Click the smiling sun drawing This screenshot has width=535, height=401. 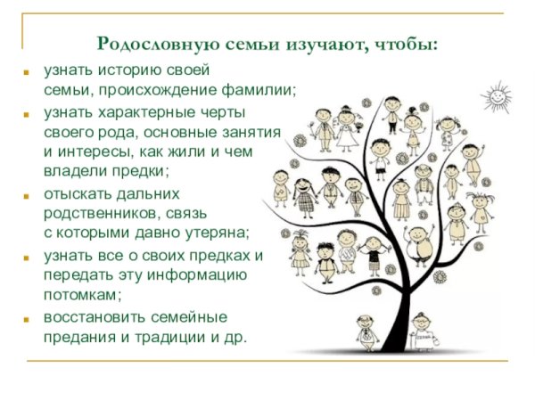496,93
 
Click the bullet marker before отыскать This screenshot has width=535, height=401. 29,194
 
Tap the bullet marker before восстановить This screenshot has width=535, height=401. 29,318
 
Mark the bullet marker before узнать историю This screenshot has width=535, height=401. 29,70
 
